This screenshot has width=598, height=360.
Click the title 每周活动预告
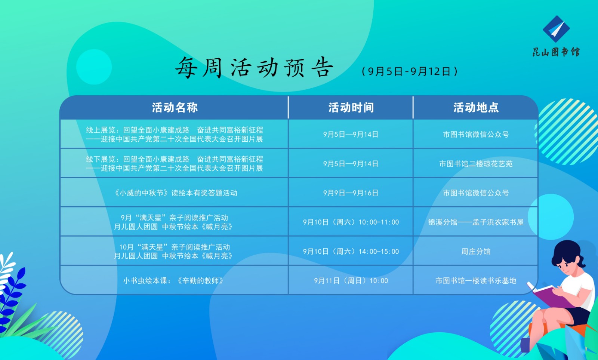click(254, 67)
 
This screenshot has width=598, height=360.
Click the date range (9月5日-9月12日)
click(410, 71)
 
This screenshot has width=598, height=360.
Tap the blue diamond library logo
click(557, 29)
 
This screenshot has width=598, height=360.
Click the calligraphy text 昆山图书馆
click(557, 52)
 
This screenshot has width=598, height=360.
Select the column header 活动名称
click(175, 108)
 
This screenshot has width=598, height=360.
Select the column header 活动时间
click(351, 108)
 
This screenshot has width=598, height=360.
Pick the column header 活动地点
click(476, 108)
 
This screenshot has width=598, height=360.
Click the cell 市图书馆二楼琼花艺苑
click(476, 164)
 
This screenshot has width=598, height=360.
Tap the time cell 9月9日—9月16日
click(351, 193)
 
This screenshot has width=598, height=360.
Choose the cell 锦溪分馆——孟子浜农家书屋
click(476, 222)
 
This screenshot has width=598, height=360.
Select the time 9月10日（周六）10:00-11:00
click(351, 222)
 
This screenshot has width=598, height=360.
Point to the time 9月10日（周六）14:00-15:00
click(351, 252)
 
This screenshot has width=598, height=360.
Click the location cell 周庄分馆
click(476, 252)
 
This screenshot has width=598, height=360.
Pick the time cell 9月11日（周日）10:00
click(351, 281)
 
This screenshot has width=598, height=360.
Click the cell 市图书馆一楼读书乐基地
click(476, 281)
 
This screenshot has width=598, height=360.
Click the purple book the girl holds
click(550, 296)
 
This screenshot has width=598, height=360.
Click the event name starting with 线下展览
click(175, 164)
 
